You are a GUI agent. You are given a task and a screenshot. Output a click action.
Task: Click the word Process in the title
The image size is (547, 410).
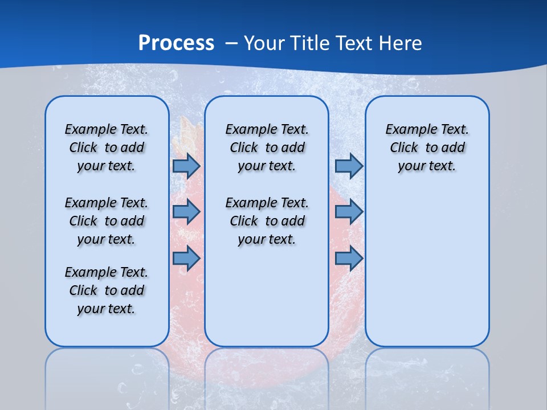coord(176,43)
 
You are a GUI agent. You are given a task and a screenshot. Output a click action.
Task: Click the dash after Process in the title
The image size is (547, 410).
coord(231,44)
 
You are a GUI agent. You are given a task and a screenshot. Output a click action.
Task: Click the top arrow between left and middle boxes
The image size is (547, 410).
coord(186,166)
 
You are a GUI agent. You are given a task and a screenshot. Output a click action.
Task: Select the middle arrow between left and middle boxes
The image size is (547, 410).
coord(186,212)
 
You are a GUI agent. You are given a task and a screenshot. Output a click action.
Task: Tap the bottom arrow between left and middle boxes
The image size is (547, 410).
coord(186,258)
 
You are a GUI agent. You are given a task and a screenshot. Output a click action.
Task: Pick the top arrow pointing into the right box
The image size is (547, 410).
coord(349,166)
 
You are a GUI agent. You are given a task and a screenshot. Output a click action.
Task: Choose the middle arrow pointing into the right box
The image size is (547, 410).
coord(349,212)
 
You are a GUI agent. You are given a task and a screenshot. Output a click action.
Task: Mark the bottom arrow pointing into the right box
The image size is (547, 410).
coord(349,258)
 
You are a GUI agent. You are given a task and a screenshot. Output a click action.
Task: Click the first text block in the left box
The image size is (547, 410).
coord(107,147)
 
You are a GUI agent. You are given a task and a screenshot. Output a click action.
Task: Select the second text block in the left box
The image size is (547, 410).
coord(107,221)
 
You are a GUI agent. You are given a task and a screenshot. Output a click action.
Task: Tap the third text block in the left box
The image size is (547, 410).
coord(107,290)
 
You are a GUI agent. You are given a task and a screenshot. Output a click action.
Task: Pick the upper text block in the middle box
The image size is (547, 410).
coord(267,147)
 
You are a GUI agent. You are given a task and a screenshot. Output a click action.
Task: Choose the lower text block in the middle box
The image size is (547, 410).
coord(267,221)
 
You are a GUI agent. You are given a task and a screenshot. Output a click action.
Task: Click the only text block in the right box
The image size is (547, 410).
coord(427,147)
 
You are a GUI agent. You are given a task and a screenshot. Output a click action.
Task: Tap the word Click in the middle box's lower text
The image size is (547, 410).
coord(244,221)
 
